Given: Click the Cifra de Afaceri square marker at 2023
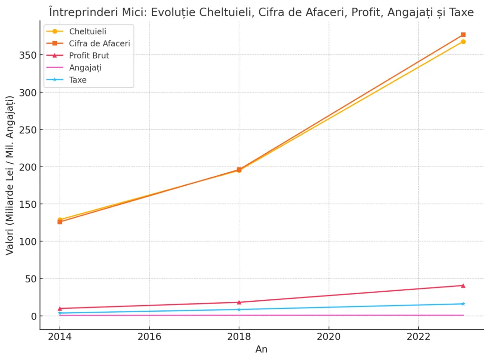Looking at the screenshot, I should (463, 35).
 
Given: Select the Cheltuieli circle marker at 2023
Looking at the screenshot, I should (463, 42).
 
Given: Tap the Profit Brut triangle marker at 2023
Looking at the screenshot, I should (463, 286).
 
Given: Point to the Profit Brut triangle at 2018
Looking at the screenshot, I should (239, 302).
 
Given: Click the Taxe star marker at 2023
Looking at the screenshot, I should (463, 304).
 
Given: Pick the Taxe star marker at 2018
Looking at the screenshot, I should (239, 309).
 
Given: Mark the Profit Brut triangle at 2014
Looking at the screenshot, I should (60, 308).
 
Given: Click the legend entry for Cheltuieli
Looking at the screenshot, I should (87, 32).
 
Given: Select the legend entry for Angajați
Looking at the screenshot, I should (85, 68).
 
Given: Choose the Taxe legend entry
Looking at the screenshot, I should (78, 80).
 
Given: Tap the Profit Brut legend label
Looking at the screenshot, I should (89, 56).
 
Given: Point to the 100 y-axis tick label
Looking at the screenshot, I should (28, 242).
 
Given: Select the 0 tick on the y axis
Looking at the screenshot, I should (32, 316).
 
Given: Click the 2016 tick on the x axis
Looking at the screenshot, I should (149, 336).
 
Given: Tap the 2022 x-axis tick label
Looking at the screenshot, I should (418, 336).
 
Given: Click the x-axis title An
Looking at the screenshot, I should (261, 349).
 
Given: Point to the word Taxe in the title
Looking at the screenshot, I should (461, 12).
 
